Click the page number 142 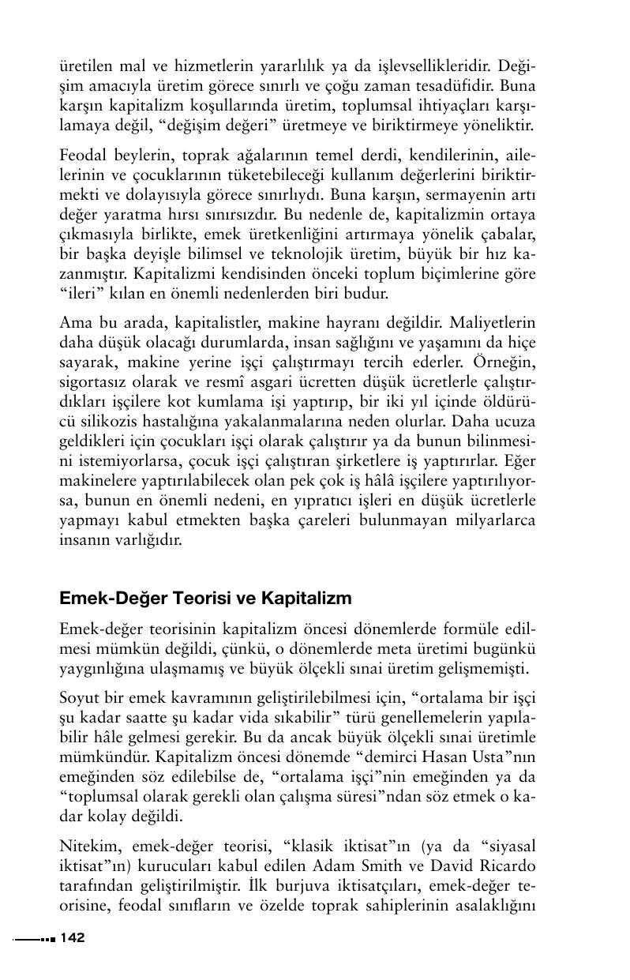[x=72, y=938]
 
